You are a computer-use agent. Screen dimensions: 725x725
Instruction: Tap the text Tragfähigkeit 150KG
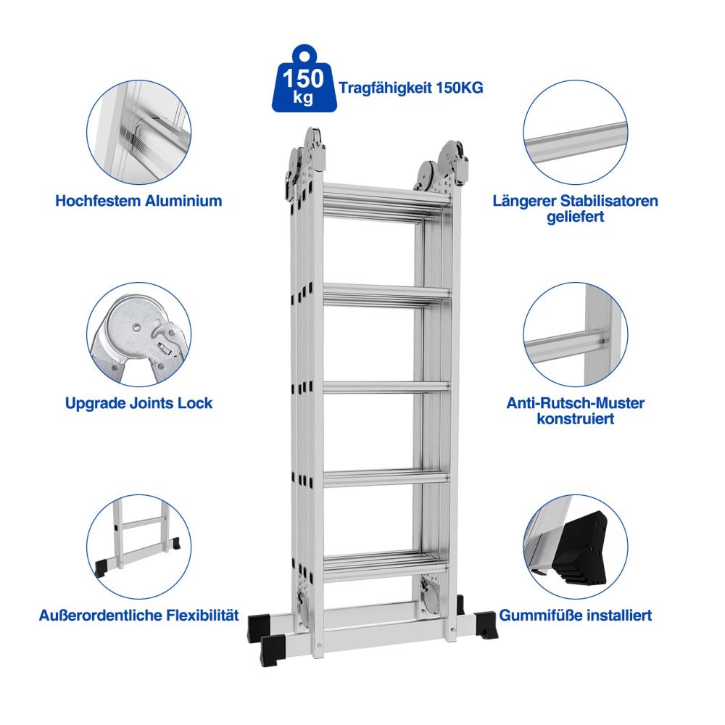[x=410, y=88]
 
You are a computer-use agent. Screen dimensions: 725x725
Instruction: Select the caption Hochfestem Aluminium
[x=138, y=201]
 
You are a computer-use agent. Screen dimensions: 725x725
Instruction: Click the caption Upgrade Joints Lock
[x=138, y=403]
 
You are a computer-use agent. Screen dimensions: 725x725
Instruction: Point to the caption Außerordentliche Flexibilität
[x=138, y=616]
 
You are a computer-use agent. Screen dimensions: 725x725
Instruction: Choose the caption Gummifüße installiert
[x=576, y=616]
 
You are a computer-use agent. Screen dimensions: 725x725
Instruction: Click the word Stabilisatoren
[x=609, y=201]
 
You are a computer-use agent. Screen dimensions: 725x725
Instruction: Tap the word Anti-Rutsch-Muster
[x=576, y=403]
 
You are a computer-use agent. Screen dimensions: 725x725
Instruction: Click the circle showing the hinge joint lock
[x=138, y=334]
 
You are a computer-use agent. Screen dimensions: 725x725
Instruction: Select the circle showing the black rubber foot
[x=576, y=547]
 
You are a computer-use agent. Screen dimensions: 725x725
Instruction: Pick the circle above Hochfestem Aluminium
[x=138, y=132]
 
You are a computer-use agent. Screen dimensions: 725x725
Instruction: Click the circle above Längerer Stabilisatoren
[x=576, y=132]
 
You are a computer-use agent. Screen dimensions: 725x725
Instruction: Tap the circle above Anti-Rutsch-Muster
[x=576, y=334]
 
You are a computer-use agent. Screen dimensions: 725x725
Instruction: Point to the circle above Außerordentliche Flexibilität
[x=138, y=547]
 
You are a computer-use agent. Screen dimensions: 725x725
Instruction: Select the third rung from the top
[x=386, y=388]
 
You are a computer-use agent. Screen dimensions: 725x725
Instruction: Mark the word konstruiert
[x=576, y=419]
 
